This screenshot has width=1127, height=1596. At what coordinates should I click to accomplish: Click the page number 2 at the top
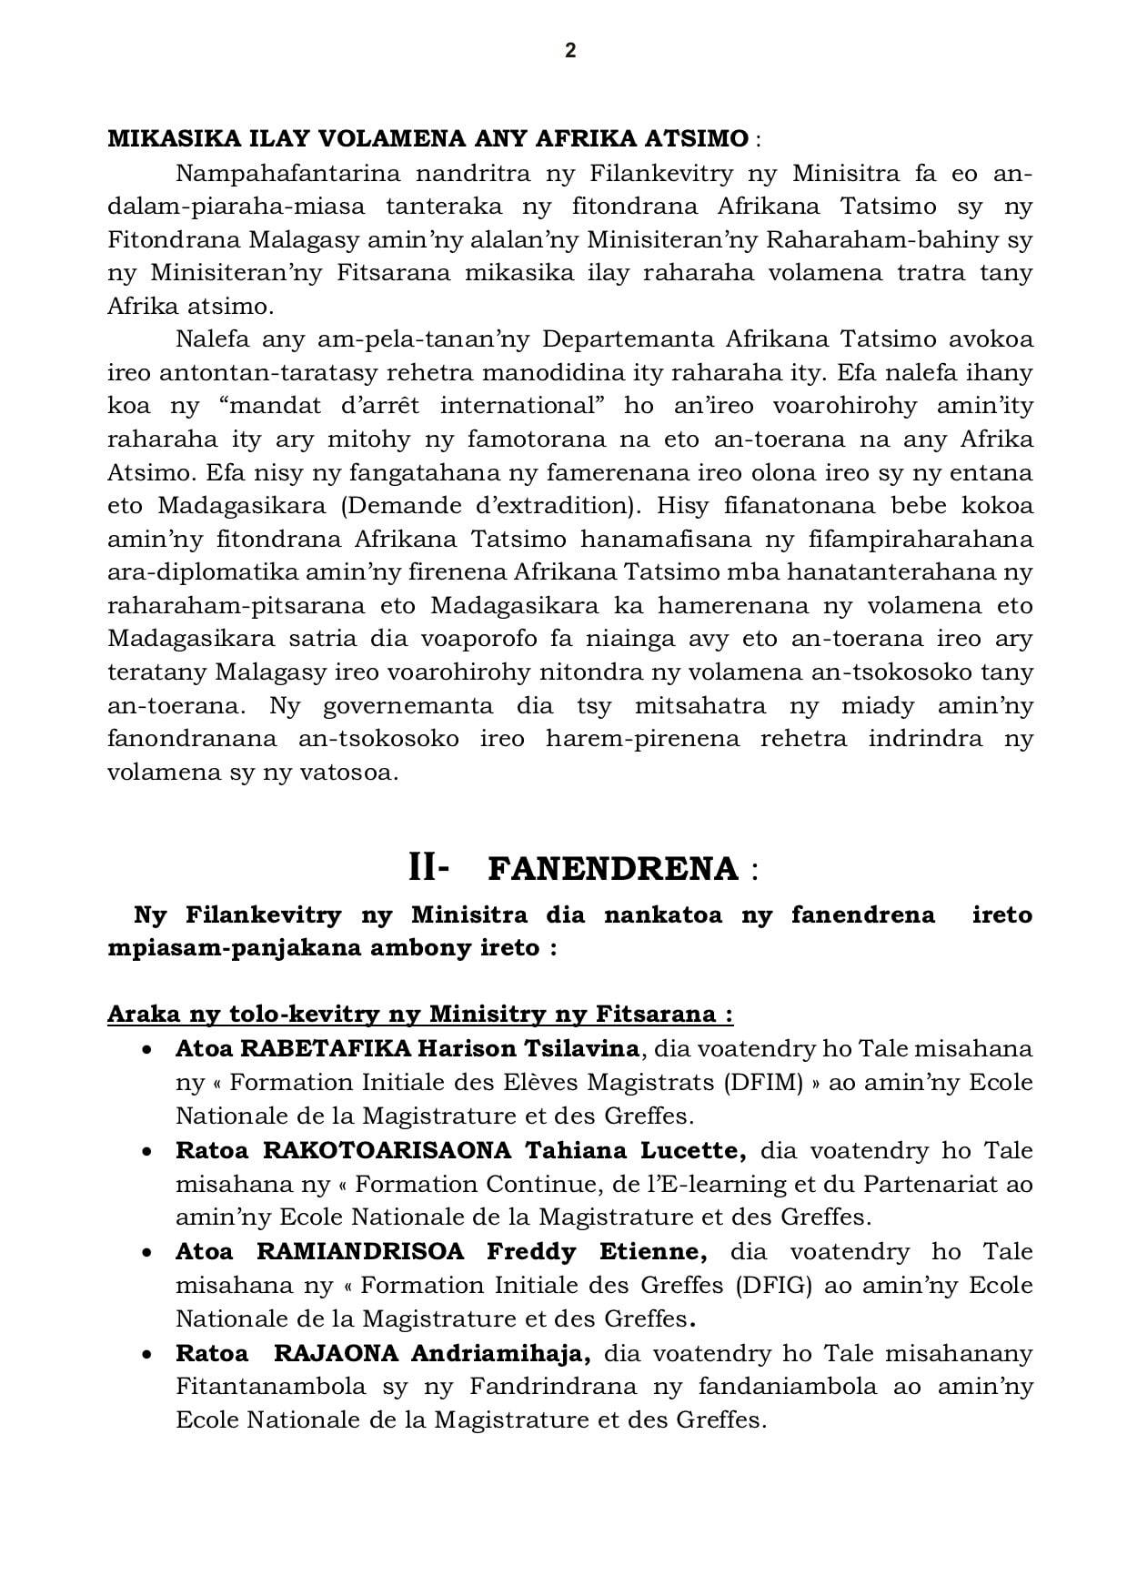pos(570,51)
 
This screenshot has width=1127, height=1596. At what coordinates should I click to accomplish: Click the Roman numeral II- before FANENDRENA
pos(428,868)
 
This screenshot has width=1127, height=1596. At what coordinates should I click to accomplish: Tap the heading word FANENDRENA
pos(613,870)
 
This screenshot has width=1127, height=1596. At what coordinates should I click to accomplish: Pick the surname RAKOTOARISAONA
pos(387,1150)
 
